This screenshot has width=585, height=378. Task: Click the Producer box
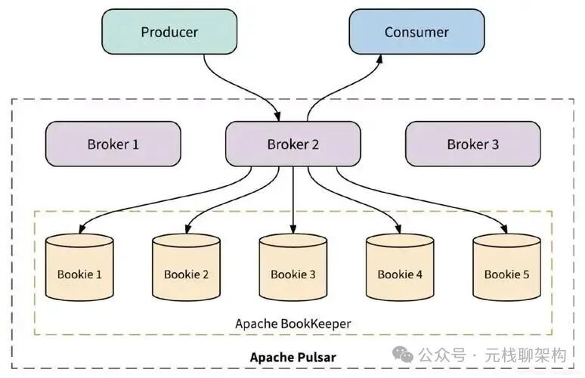pyautogui.click(x=169, y=32)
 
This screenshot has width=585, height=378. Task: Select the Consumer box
pyautogui.click(x=416, y=32)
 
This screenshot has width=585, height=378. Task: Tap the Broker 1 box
pyautogui.click(x=113, y=144)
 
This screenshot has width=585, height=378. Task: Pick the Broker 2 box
pyautogui.click(x=292, y=144)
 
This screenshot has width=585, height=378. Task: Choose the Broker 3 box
pyautogui.click(x=472, y=144)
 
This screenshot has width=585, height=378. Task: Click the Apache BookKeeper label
pyautogui.click(x=292, y=324)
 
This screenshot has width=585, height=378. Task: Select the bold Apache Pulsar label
pyautogui.click(x=292, y=356)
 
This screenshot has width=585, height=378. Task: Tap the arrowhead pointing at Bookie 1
pyautogui.click(x=80, y=229)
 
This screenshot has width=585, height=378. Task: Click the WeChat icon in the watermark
pyautogui.click(x=406, y=355)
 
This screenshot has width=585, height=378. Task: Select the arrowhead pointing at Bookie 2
pyautogui.click(x=187, y=229)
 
